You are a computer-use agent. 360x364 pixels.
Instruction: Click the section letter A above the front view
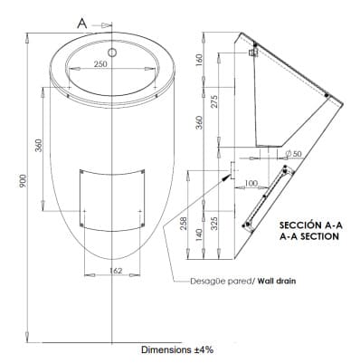pyautogui.click(x=82, y=24)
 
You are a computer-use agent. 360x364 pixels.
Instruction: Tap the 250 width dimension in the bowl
pyautogui.click(x=100, y=63)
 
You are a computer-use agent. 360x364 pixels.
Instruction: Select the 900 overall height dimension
pyautogui.click(x=24, y=180)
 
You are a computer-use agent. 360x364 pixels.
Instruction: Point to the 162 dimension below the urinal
pyautogui.click(x=116, y=271)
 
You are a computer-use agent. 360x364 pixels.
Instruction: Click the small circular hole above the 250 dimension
pyautogui.click(x=112, y=53)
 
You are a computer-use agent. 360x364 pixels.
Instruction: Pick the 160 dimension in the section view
pyautogui.click(x=199, y=59)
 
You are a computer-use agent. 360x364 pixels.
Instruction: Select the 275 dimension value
pyautogui.click(x=214, y=102)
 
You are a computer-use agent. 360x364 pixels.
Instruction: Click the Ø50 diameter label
pyautogui.click(x=293, y=154)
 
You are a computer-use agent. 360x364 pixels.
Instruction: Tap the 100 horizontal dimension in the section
pyautogui.click(x=251, y=183)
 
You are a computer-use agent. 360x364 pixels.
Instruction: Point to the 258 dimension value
pyautogui.click(x=184, y=224)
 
